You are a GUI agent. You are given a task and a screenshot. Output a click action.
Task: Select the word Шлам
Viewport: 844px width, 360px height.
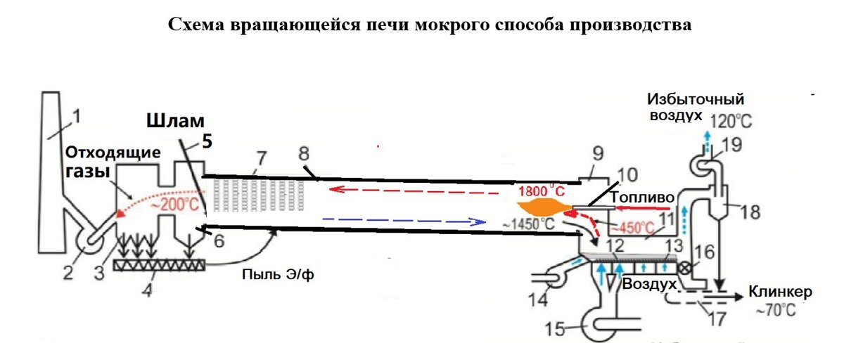173,122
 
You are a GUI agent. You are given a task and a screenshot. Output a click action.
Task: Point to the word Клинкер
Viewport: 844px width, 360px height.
781,291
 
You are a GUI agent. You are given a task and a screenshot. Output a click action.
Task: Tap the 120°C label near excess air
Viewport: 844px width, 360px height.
732,121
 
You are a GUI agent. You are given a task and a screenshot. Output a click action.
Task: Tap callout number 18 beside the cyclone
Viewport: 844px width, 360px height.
750,212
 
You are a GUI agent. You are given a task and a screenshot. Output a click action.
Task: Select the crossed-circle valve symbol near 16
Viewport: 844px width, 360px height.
682,268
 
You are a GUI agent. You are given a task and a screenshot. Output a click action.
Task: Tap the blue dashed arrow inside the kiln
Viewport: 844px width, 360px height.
404,221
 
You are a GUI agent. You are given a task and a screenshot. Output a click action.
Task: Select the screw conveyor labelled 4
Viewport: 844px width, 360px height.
154,265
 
